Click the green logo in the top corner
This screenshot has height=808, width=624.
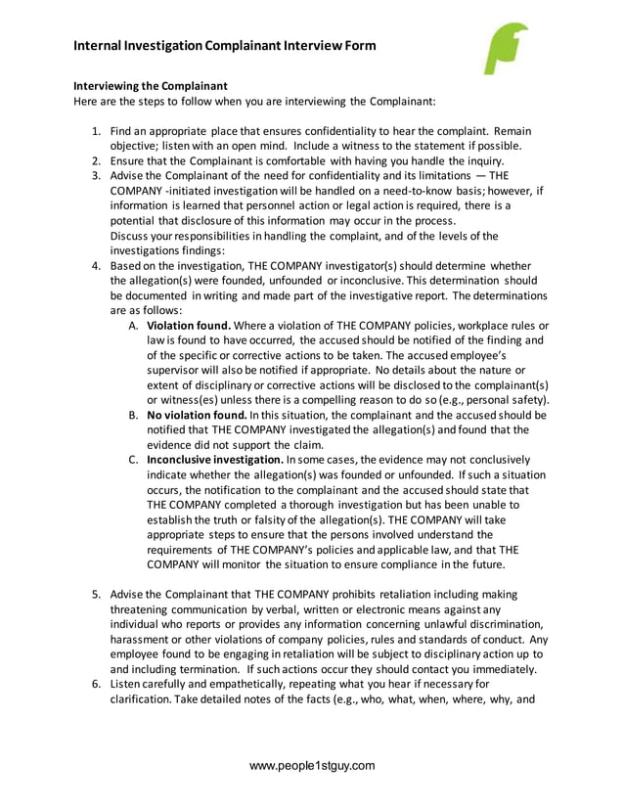click(506, 49)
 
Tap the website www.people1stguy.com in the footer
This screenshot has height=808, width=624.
click(312, 766)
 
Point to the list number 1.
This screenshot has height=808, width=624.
click(96, 131)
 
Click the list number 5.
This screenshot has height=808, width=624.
click(96, 595)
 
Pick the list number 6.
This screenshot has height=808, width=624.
click(96, 684)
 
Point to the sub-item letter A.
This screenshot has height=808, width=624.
click(134, 325)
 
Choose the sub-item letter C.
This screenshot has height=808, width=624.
click(134, 460)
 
